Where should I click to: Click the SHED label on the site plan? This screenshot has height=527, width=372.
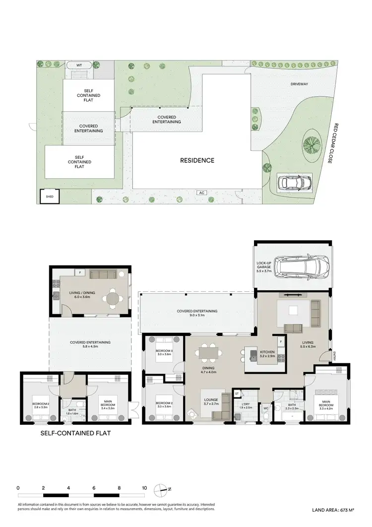coord(49,197)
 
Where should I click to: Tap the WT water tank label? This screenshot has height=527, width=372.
coord(79,66)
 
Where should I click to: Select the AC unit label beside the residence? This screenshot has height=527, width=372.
coord(201,193)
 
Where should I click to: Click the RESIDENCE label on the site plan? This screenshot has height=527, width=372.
coord(197,160)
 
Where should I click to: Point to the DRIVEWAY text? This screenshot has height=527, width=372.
coord(299,84)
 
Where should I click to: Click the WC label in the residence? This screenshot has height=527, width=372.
coord(266,408)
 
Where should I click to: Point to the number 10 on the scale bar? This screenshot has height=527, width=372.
coord(144,488)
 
